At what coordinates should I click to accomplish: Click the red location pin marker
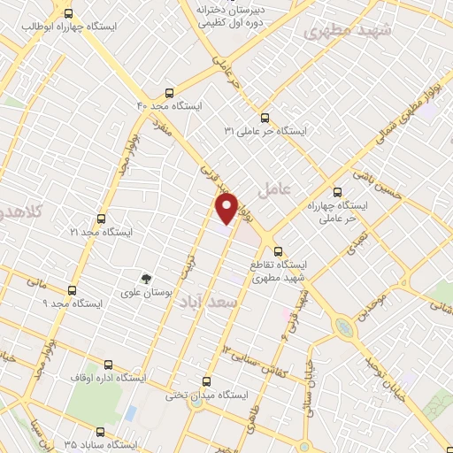226,208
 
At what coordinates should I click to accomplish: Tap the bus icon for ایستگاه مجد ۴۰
169,91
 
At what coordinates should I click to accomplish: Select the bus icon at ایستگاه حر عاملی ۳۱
263,118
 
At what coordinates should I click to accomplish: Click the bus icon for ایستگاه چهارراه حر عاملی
336,192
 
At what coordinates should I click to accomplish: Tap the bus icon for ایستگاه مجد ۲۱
99,218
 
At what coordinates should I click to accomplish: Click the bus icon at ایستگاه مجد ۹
72,290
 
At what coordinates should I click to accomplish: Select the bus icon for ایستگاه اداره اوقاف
109,365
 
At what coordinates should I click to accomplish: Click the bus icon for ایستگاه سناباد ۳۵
99,433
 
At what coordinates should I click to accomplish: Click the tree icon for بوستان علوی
148,276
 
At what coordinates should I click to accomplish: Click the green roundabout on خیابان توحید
345,329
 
